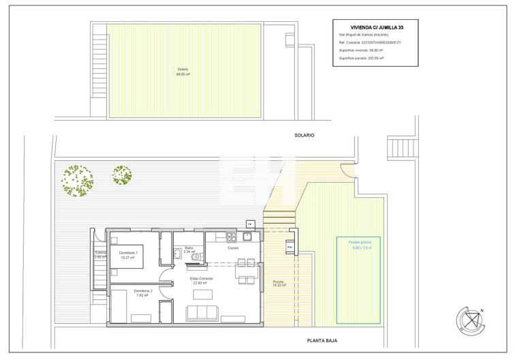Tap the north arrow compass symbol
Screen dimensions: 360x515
(469, 318)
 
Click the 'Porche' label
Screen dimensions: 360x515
(279, 282)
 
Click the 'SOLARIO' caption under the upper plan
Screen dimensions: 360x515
(305, 135)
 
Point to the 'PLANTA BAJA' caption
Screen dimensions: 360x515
(322, 340)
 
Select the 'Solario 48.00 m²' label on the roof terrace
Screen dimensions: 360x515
(183, 72)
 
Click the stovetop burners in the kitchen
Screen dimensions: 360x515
(232, 237)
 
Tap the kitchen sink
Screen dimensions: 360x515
(249, 237)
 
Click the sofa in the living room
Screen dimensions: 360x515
(202, 313)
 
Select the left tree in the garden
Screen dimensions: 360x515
(77, 179)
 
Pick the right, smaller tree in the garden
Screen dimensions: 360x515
(122, 175)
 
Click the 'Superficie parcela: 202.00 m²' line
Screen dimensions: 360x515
(361, 59)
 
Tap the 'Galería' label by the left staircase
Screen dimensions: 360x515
(100, 254)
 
